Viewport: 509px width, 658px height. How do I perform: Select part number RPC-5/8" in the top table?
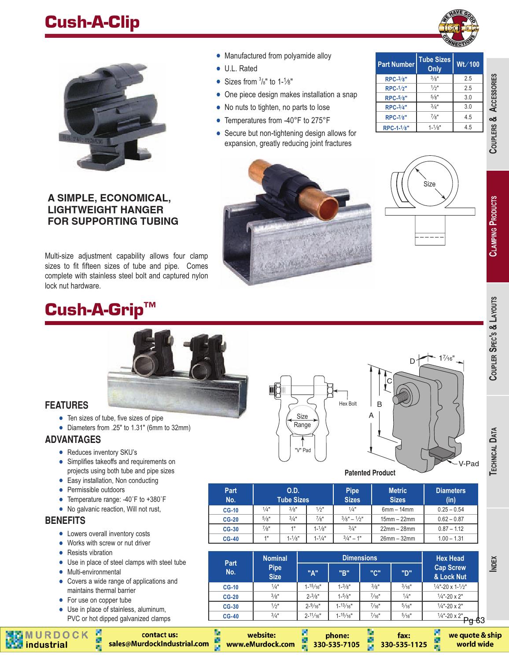(x=396, y=98)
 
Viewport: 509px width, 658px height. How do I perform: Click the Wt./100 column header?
(x=468, y=64)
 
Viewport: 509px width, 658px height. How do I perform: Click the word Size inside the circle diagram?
(x=429, y=184)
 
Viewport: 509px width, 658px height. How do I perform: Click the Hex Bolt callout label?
(x=348, y=403)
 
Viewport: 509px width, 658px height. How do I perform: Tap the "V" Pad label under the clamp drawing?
(x=303, y=450)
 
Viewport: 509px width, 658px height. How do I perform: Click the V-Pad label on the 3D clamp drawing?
(x=468, y=464)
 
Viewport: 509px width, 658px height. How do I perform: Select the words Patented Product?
(x=370, y=473)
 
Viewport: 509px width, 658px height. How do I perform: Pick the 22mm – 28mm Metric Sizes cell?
(x=397, y=529)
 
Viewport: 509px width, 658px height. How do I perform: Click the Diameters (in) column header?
(x=450, y=495)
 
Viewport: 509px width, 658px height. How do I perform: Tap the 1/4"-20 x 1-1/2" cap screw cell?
(x=450, y=586)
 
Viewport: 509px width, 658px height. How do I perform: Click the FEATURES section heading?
(x=66, y=405)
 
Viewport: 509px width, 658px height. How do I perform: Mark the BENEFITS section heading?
(x=65, y=521)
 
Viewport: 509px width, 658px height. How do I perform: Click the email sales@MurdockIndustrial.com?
(x=159, y=644)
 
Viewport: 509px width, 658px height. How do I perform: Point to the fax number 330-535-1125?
(x=404, y=644)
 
